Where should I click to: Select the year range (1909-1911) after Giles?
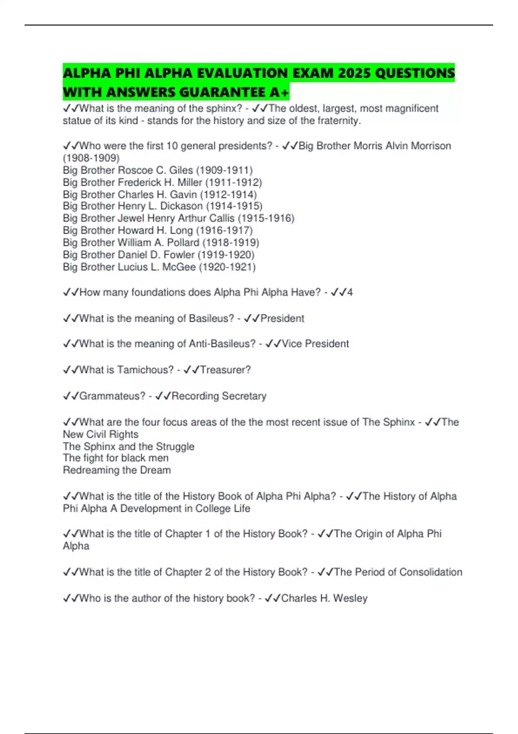point(224,170)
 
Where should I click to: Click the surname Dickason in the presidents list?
point(181,206)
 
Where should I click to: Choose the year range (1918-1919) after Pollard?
point(231,243)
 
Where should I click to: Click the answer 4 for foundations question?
point(350,292)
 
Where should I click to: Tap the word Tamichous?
point(145,370)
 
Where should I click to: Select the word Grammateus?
point(112,396)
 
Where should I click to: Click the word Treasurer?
point(225,370)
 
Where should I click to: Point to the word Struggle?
point(175,446)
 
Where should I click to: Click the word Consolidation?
point(430,572)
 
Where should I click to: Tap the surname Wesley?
point(350,598)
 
